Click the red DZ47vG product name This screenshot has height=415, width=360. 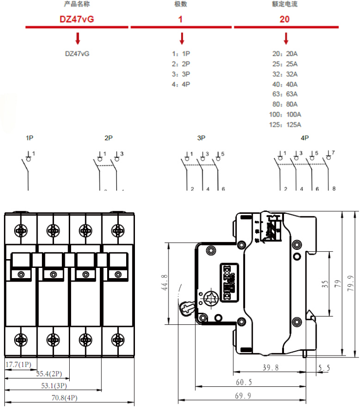(x=77, y=19)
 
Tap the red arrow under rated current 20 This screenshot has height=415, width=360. (x=286, y=38)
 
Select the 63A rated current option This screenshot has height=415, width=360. (x=285, y=94)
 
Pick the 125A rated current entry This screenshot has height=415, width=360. (x=285, y=125)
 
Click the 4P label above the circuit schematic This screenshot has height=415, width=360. (x=305, y=138)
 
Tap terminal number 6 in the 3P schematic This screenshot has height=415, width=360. (x=223, y=189)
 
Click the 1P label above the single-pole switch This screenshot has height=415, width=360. (x=30, y=138)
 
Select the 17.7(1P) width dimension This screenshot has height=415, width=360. (x=18, y=364)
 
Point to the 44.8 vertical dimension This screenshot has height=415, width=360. (x=164, y=283)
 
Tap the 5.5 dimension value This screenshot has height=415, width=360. (x=324, y=368)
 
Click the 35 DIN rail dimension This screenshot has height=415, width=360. (x=325, y=284)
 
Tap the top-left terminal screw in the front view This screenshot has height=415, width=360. (x=20, y=229)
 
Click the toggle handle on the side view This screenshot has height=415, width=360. (x=187, y=307)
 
